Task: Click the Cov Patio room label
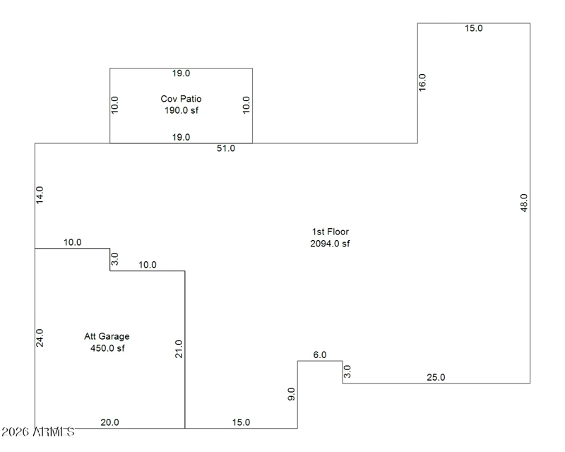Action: (181, 99)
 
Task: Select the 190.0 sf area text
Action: (181, 110)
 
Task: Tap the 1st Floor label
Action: (331, 232)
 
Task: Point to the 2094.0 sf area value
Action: (331, 244)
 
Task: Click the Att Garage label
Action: (107, 336)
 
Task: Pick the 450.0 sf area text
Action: (107, 347)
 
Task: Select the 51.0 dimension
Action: (226, 148)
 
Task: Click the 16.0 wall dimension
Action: (422, 82)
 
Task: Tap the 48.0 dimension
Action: (523, 203)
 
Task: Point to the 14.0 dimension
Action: (40, 195)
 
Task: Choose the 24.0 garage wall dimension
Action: (40, 338)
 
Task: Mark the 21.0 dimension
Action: (179, 349)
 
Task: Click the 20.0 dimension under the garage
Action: (109, 422)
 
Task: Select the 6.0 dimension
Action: (319, 355)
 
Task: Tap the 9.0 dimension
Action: (291, 394)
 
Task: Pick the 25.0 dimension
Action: (436, 377)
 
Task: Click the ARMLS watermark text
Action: (38, 432)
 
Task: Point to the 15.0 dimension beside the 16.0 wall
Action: (473, 28)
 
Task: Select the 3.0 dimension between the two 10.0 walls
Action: (115, 258)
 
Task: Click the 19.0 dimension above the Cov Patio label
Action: (182, 73)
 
